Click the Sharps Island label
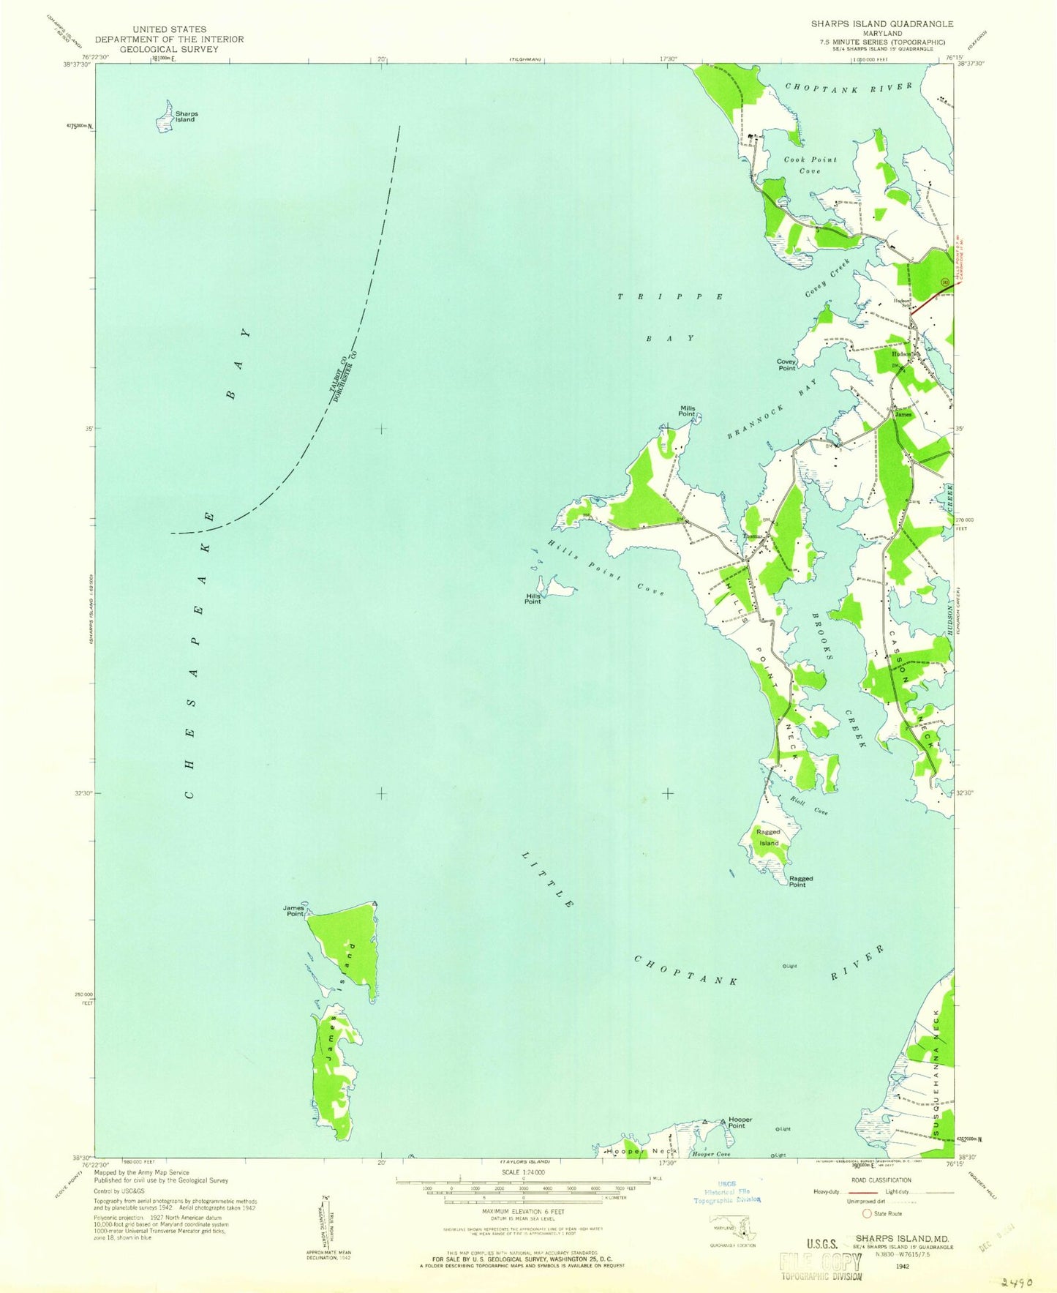[x=186, y=116]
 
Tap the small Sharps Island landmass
[x=165, y=118]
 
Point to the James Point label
[x=294, y=910]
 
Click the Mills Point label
[x=687, y=411]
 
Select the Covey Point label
[x=786, y=364]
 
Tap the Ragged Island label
[x=768, y=837]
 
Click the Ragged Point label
[x=800, y=881]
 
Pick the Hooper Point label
[x=740, y=1123]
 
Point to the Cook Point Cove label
[x=810, y=165]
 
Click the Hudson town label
[x=900, y=353]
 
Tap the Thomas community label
[x=753, y=536]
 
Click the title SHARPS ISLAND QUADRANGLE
[x=881, y=24]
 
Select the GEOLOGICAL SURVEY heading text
[x=169, y=49]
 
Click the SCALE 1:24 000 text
[x=522, y=1172]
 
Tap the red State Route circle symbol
[x=868, y=1213]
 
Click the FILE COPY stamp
[x=820, y=1262]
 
